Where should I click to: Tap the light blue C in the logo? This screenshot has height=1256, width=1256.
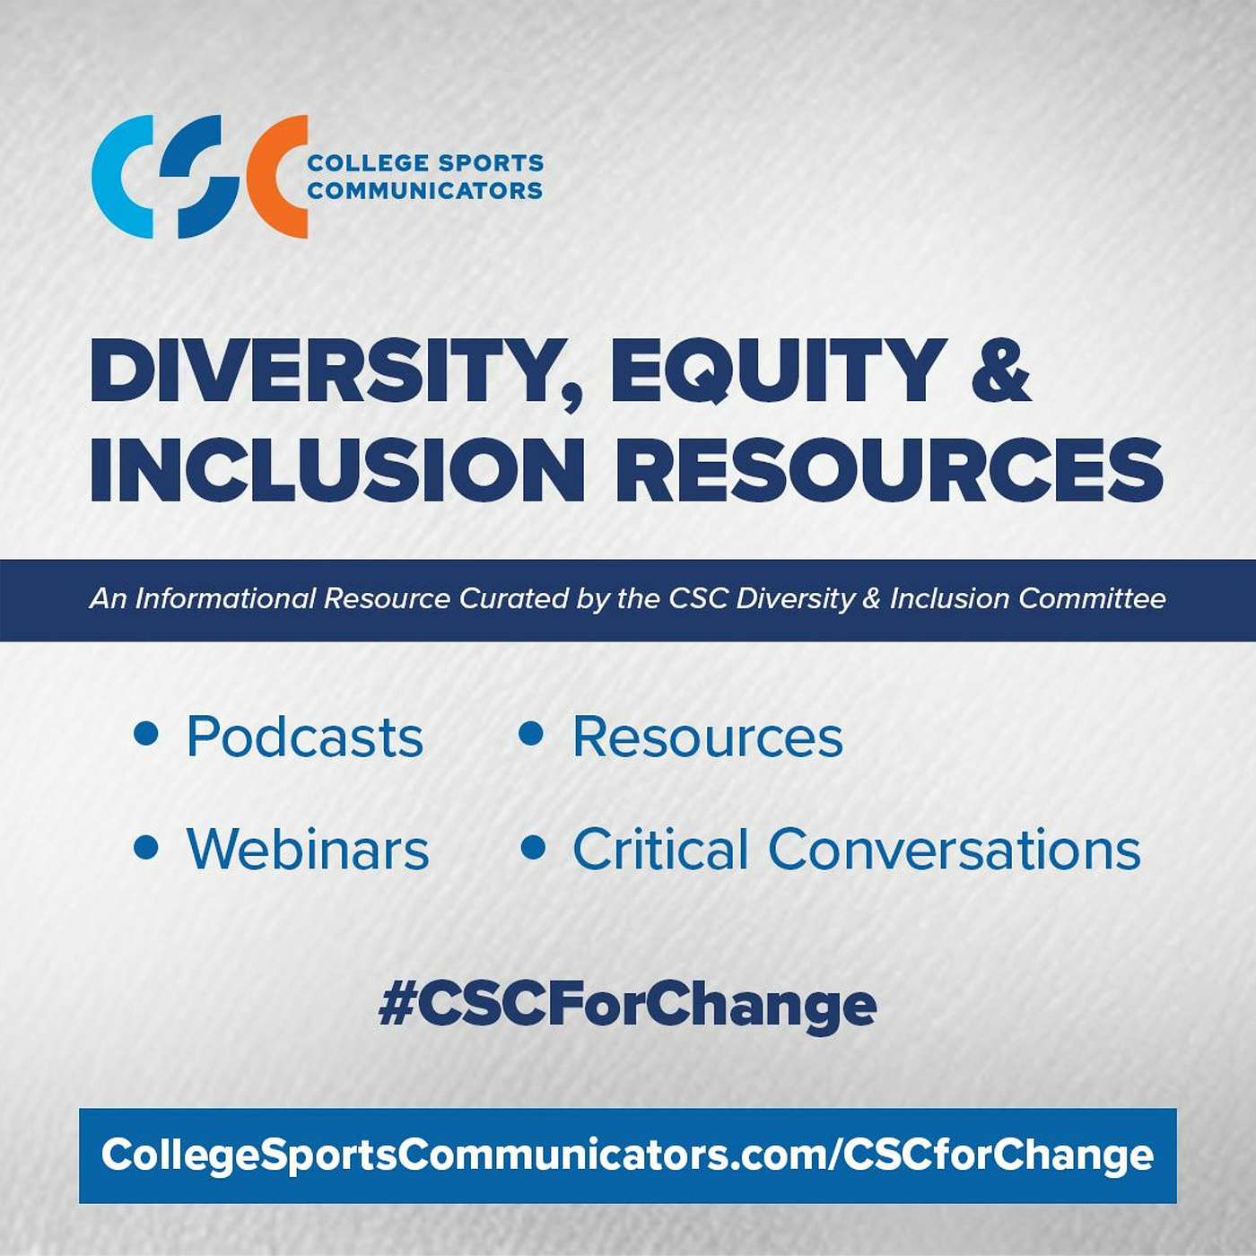[x=108, y=177]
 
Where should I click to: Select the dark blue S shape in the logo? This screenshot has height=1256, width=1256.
[x=199, y=177]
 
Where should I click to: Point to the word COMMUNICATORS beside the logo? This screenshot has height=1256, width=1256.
[x=425, y=191]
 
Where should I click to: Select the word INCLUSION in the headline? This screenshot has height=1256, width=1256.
[x=336, y=469]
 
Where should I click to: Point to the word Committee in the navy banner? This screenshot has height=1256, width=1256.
[x=1092, y=598]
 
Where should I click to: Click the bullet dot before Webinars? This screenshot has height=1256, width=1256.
[x=146, y=848]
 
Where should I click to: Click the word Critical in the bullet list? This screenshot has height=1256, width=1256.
[x=659, y=849]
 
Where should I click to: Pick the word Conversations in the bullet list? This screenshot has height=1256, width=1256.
[x=955, y=849]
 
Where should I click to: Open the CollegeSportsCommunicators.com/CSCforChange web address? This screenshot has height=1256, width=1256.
[x=627, y=1155]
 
